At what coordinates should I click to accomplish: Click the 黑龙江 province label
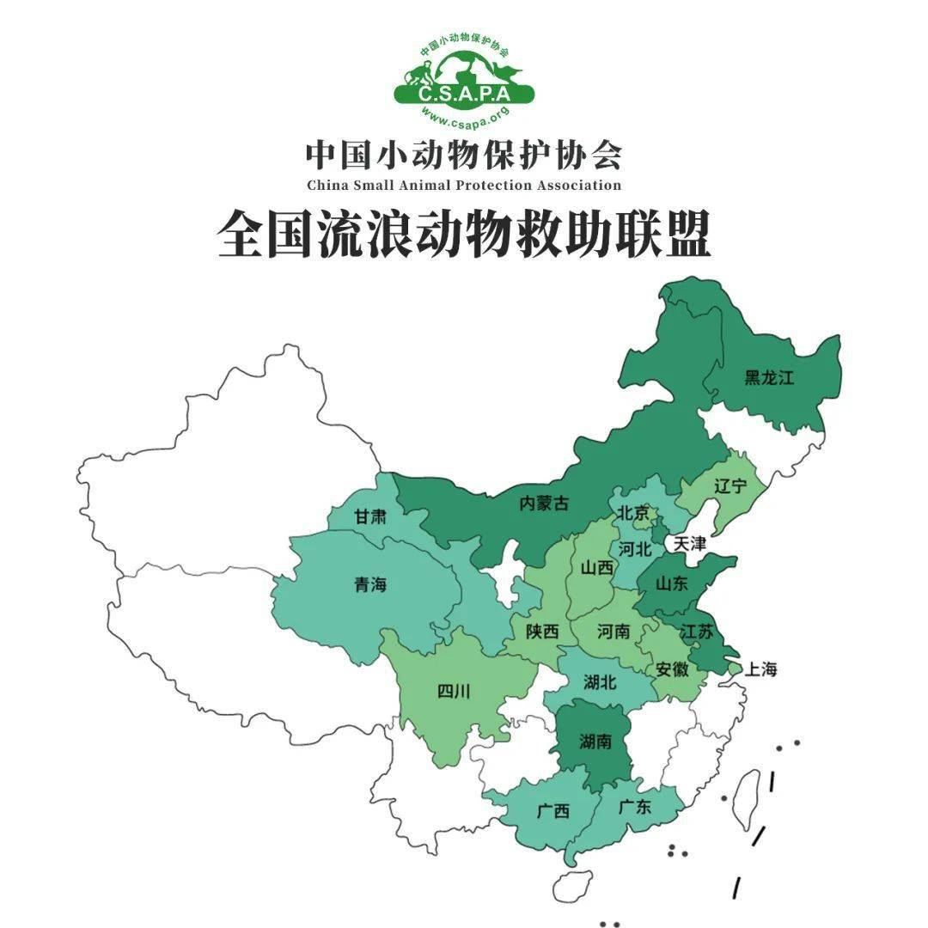point(769,377)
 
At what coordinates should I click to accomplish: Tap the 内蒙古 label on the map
point(544,504)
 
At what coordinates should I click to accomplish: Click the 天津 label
point(689,544)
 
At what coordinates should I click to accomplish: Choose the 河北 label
point(636,548)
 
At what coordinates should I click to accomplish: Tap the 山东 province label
point(671,584)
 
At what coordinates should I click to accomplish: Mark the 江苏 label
point(696,631)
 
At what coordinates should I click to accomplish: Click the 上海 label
point(760,669)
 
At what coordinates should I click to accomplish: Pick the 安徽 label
point(671,669)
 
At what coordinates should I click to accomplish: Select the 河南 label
point(614,632)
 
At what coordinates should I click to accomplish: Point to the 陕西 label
point(543,632)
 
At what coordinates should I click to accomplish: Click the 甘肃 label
point(370,517)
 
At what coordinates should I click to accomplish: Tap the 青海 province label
point(370,585)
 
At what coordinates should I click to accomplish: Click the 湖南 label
point(595,741)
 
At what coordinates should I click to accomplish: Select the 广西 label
point(553,810)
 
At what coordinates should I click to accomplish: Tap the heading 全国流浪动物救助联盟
point(464,234)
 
